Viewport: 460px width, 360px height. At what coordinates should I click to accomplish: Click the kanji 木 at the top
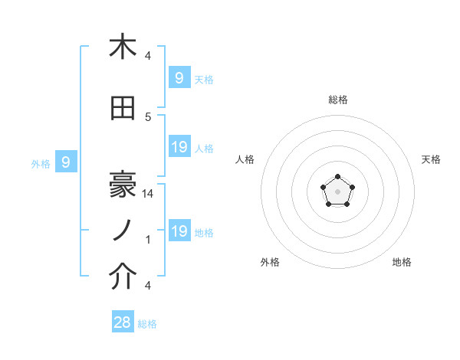click(123, 47)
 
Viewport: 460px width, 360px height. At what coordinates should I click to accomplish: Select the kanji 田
click(123, 109)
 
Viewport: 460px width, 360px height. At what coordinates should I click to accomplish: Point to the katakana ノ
click(123, 231)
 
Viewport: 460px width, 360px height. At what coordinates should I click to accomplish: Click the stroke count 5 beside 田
click(148, 116)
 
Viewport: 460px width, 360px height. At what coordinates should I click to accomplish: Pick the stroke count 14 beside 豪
click(149, 195)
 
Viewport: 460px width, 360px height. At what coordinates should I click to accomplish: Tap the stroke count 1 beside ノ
click(148, 240)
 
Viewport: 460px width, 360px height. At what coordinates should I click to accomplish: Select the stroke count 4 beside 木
click(148, 56)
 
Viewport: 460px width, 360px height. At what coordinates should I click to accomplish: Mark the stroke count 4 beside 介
click(148, 286)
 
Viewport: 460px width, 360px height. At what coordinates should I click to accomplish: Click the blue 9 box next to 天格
click(179, 78)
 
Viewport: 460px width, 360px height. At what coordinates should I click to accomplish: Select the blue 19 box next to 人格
click(179, 147)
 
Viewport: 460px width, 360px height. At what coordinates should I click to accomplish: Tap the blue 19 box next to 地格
click(179, 231)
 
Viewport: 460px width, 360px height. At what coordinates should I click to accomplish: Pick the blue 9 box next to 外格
click(67, 162)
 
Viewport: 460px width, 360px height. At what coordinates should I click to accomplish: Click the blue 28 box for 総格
click(123, 322)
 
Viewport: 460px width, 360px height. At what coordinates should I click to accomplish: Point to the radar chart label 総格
click(338, 100)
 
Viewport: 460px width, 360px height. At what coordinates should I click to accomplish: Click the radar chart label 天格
click(432, 159)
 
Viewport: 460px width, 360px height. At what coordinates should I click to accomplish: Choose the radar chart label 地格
click(402, 262)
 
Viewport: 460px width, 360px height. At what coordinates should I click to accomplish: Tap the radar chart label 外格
click(270, 262)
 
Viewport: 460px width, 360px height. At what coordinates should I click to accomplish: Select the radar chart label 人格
click(245, 159)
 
